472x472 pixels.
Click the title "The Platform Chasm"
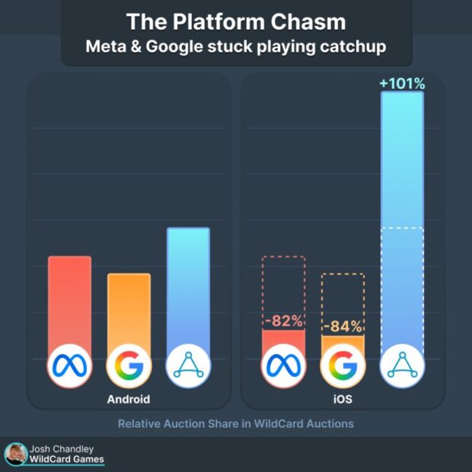(x=235, y=21)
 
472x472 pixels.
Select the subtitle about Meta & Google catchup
(x=235, y=46)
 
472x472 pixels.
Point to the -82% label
(x=283, y=321)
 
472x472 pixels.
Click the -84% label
(x=342, y=327)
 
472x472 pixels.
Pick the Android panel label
(x=128, y=399)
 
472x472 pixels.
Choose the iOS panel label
(x=342, y=399)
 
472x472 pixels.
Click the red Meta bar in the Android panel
(x=69, y=301)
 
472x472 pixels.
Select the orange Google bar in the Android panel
(x=129, y=308)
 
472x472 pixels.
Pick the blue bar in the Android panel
(x=188, y=285)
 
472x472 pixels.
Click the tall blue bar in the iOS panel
(x=402, y=221)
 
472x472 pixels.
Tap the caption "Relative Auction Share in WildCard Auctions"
(x=235, y=423)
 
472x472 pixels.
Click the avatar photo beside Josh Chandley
(x=15, y=454)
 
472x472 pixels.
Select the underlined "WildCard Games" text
(x=67, y=460)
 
